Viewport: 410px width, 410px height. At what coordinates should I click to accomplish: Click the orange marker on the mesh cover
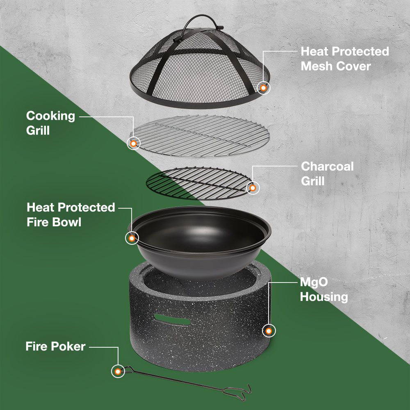coord(263,88)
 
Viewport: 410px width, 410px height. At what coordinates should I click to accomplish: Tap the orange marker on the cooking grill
coord(133,143)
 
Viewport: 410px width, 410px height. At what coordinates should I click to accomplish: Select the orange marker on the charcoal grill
coord(253,188)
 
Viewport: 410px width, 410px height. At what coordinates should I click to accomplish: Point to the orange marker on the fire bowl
coord(132,238)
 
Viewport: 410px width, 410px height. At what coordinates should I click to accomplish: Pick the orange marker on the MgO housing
coord(269,331)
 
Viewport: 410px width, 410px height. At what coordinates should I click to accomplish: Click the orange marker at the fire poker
coord(118,371)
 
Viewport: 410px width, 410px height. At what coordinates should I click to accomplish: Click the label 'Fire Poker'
coord(55,346)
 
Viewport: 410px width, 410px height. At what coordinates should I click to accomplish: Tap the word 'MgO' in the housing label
coord(314,282)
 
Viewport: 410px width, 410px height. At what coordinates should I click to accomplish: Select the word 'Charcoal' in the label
coord(327,166)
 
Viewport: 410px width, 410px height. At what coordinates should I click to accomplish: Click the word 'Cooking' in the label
coord(50,116)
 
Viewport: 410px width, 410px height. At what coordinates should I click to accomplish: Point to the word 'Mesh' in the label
coord(316,66)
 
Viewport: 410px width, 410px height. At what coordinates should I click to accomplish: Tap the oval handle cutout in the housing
coord(172,319)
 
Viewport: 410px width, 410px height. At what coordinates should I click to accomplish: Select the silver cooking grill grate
coord(200,136)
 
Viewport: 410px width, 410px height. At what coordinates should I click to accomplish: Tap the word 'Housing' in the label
coord(324,297)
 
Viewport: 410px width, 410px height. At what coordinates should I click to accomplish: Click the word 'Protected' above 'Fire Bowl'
coord(86,207)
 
